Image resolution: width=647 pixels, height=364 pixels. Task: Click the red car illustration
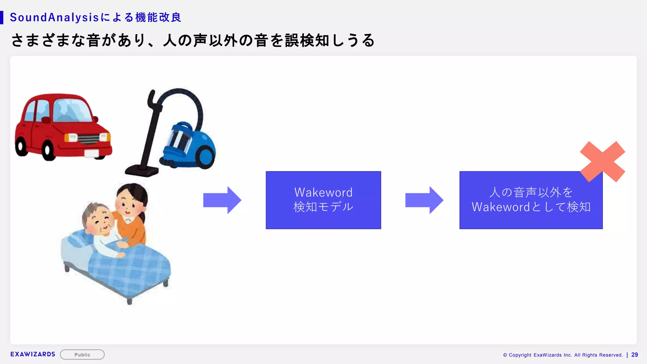[63, 126]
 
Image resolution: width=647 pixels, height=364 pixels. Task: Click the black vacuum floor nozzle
[142, 171]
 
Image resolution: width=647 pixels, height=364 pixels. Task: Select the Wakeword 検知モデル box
[323, 200]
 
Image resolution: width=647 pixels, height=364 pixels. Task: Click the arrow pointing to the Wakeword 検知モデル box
[222, 200]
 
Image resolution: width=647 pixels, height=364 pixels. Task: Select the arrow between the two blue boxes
[424, 200]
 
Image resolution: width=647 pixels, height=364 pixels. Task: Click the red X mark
[602, 161]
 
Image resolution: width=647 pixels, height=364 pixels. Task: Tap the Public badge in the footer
[82, 355]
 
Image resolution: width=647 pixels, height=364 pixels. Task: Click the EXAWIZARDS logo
[33, 354]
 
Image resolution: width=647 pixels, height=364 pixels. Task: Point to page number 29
[634, 355]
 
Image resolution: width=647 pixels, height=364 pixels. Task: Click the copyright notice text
[563, 355]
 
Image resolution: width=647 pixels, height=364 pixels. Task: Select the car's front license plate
[92, 153]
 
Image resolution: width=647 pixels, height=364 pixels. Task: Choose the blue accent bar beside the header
[2, 17]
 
